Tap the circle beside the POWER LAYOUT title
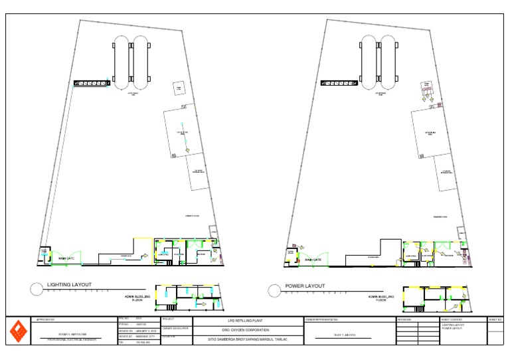click(273, 290)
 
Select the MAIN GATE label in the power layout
click(313, 260)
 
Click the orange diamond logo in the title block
click(19, 331)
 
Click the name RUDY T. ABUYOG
click(345, 335)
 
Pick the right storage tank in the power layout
click(388, 61)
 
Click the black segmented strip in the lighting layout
click(90, 82)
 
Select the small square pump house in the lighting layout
click(178, 88)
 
